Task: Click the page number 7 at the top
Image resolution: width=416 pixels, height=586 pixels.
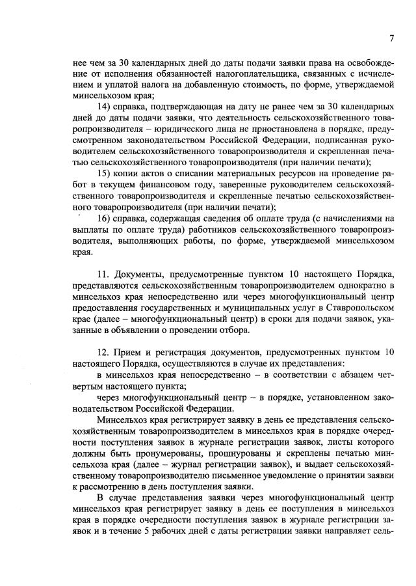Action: pos(392,38)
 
